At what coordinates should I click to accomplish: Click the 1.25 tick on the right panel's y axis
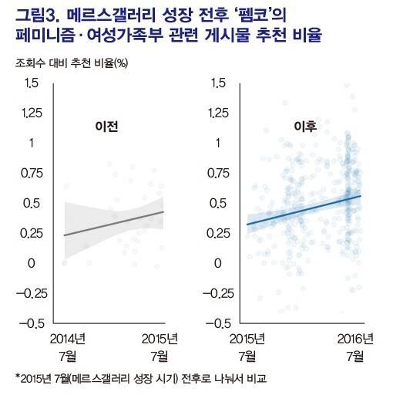pyautogui.click(x=220, y=113)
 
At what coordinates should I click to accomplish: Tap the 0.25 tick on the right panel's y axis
pyautogui.click(x=220, y=233)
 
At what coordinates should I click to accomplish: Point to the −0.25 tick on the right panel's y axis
pyautogui.click(x=218, y=293)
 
